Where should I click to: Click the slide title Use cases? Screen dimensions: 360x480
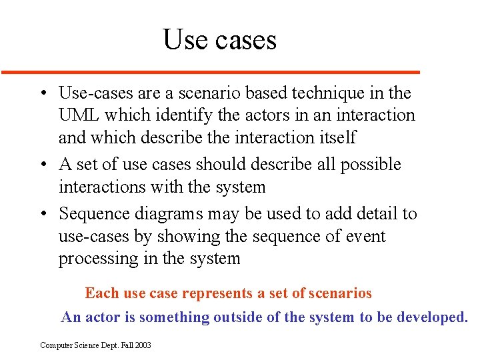pos(219,40)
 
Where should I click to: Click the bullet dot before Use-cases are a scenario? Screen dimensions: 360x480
pos(42,93)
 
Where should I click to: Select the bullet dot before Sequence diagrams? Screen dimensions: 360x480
pos(42,214)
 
